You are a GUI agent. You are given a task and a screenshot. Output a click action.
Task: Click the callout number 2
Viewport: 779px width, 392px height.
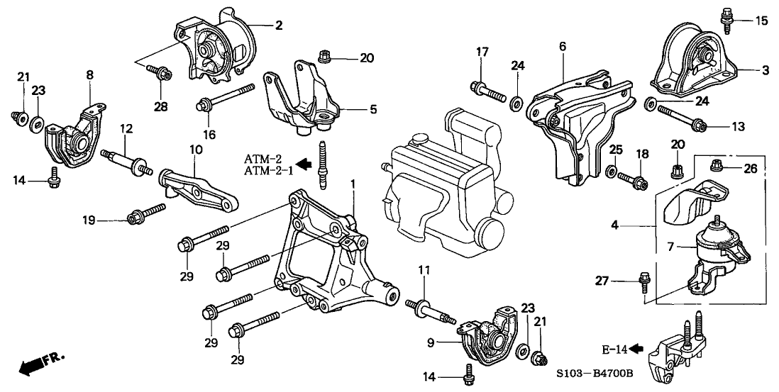pos(278,26)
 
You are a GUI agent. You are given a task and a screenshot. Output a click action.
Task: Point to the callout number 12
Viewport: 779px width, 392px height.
pos(126,130)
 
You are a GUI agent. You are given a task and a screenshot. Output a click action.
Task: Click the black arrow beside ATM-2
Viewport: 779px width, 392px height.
pos(303,164)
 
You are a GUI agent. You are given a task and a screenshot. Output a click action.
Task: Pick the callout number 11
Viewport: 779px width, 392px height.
pos(424,270)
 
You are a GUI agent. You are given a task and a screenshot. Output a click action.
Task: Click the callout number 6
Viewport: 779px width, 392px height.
pos(562,47)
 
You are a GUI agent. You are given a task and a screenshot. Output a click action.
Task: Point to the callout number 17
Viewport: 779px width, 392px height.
pos(482,51)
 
